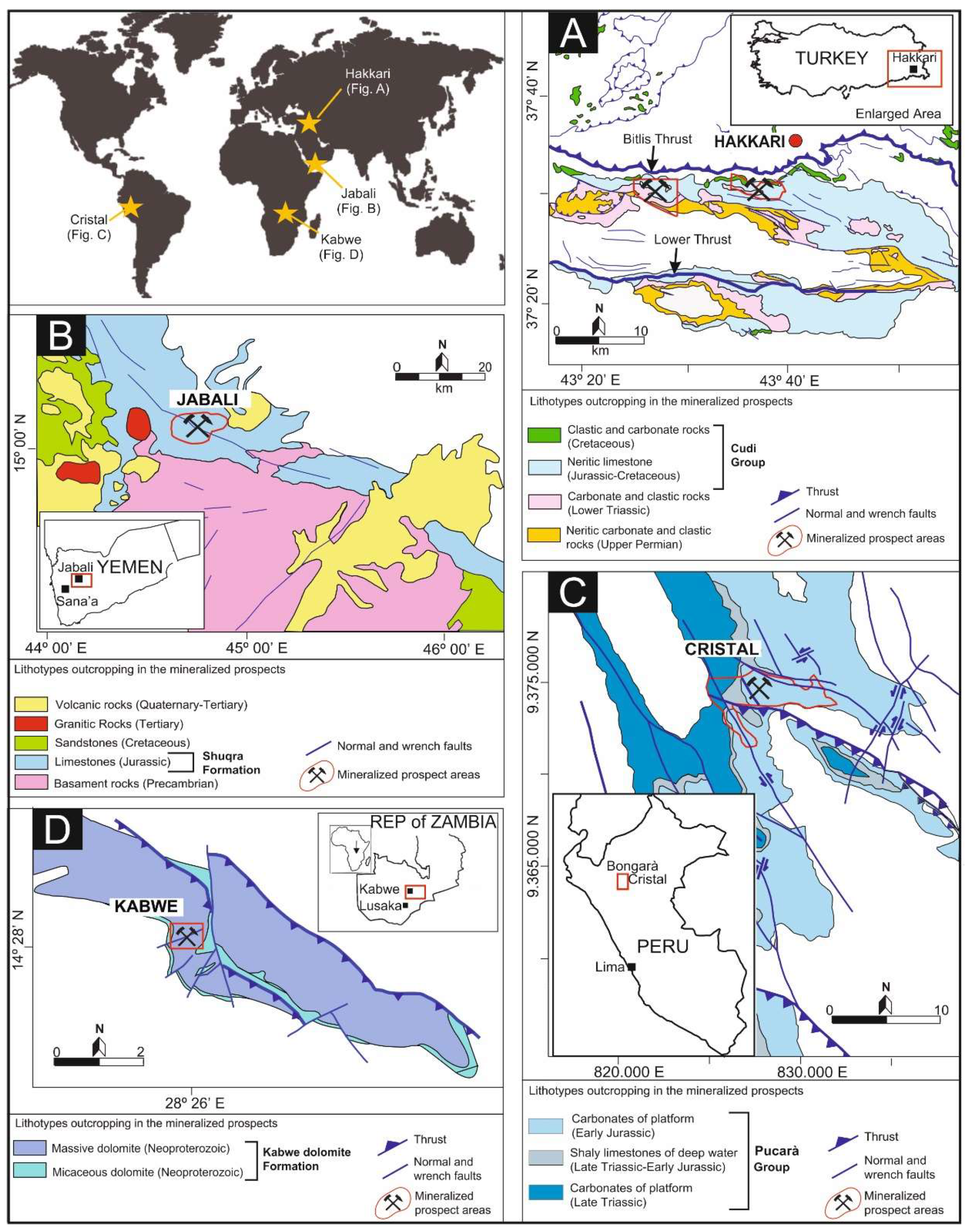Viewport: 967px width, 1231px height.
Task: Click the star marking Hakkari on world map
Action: point(309,123)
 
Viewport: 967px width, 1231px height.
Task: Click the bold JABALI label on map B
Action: point(207,399)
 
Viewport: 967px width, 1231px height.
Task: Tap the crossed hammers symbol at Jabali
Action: point(197,426)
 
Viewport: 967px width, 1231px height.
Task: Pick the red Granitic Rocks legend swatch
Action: point(31,723)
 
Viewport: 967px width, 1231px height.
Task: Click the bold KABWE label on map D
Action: point(146,906)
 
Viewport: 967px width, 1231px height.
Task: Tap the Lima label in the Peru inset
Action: point(610,967)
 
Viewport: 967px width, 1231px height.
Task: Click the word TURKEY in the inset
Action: point(831,58)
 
